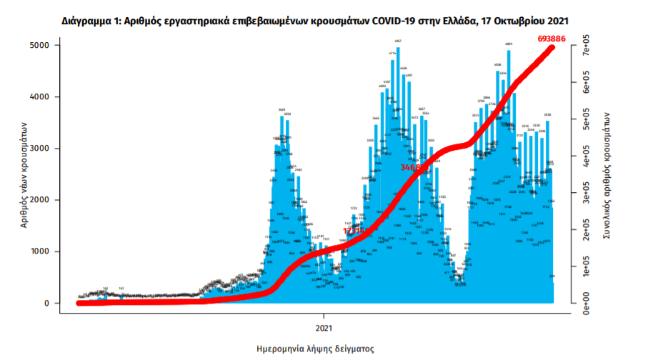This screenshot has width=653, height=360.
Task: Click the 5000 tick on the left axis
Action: [x=58, y=45]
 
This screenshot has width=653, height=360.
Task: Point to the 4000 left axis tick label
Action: [x=58, y=96]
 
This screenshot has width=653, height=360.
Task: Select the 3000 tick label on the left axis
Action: [x=58, y=149]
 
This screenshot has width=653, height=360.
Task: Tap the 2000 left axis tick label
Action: [x=58, y=200]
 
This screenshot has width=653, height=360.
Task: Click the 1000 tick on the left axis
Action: [x=58, y=251]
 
